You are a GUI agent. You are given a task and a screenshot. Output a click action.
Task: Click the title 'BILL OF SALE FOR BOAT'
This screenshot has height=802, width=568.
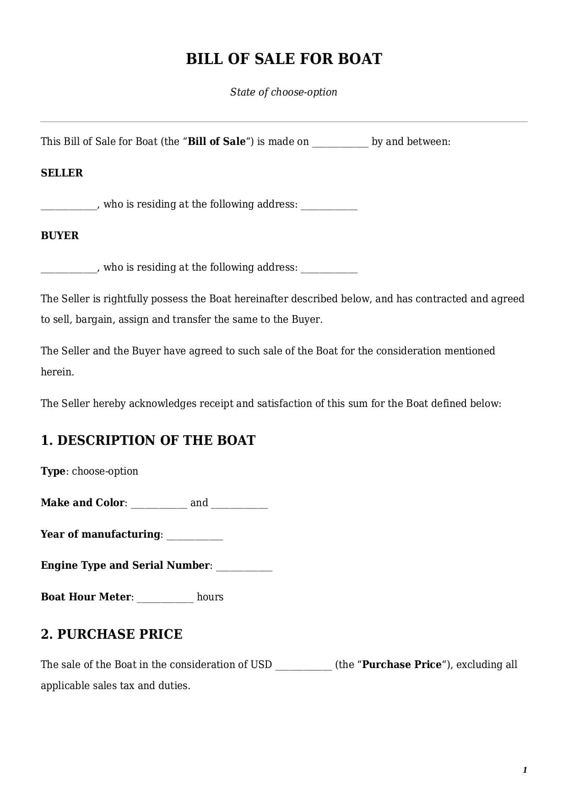pyautogui.click(x=284, y=59)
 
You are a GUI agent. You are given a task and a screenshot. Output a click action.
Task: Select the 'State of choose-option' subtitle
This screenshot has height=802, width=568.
pyautogui.click(x=284, y=92)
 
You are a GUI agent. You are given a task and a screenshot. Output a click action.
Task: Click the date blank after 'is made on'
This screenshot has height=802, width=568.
pyautogui.click(x=340, y=143)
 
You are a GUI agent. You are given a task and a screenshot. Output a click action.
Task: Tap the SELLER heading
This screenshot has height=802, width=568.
pyautogui.click(x=62, y=173)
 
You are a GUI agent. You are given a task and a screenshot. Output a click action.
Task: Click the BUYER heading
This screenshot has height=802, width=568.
pyautogui.click(x=60, y=235)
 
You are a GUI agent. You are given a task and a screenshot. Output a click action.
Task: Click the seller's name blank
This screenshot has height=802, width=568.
pyautogui.click(x=69, y=205)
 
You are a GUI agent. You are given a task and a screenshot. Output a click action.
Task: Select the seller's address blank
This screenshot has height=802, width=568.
pyautogui.click(x=329, y=205)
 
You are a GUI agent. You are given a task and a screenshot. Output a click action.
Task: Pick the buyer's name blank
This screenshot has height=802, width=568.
pyautogui.click(x=69, y=268)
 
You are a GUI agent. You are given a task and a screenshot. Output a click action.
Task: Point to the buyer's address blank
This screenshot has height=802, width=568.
pyautogui.click(x=329, y=268)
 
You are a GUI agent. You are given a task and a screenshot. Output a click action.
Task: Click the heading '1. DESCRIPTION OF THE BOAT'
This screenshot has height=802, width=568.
pyautogui.click(x=148, y=440)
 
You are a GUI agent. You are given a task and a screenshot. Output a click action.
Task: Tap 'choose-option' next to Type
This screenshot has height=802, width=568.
pyautogui.click(x=105, y=471)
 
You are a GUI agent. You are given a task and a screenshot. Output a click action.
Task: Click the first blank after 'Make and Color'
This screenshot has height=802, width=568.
pyautogui.click(x=159, y=504)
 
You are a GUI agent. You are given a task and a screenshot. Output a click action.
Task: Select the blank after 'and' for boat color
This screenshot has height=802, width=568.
pyautogui.click(x=239, y=504)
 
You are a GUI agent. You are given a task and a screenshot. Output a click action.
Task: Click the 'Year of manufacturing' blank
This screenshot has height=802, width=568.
pyautogui.click(x=195, y=535)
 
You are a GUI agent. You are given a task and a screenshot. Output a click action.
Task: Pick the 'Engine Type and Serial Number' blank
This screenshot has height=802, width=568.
pyautogui.click(x=244, y=567)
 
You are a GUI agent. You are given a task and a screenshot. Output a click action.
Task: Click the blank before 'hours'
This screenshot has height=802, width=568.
pyautogui.click(x=165, y=598)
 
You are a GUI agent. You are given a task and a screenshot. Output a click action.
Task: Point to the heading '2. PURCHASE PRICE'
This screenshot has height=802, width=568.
pyautogui.click(x=112, y=634)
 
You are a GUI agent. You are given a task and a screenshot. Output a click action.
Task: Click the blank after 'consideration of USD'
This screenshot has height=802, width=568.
pyautogui.click(x=303, y=666)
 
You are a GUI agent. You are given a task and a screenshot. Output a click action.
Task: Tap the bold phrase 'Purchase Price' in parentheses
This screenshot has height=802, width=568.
pyautogui.click(x=401, y=664)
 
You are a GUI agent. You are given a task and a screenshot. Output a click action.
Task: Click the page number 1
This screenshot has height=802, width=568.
pyautogui.click(x=525, y=770)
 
